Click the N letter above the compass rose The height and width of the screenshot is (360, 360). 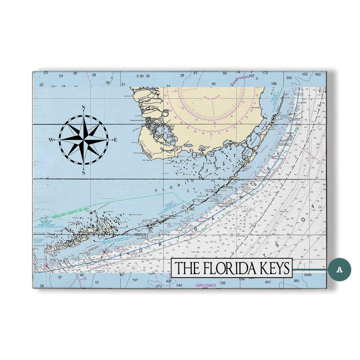click(x=83, y=108)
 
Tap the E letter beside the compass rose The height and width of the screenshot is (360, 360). click(x=115, y=140)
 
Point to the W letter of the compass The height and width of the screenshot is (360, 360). click(x=51, y=140)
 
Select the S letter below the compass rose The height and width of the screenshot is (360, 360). click(x=83, y=172)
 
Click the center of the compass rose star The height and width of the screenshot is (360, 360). click(x=83, y=140)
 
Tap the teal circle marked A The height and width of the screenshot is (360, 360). click(x=339, y=269)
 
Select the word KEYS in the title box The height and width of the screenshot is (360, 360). click(x=274, y=268)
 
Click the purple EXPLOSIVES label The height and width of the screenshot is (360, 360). click(x=206, y=285)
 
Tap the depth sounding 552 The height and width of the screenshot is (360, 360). click(x=318, y=74)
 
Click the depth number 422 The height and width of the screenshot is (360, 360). click(x=304, y=74)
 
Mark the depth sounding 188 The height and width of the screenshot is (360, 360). click(x=273, y=84)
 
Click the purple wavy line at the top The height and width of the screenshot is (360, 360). click(x=243, y=78)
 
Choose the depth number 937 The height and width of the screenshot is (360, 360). click(x=268, y=282)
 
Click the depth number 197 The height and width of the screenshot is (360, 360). click(x=135, y=281)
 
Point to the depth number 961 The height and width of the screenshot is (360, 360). click(x=297, y=281)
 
